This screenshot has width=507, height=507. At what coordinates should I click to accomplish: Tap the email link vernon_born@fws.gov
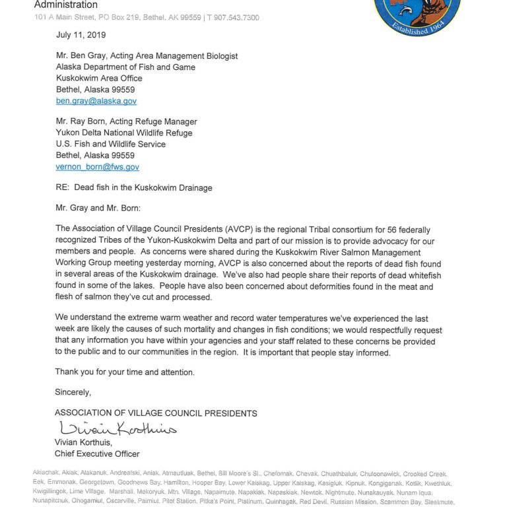click(x=97, y=167)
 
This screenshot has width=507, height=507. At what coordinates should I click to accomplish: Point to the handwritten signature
click(x=117, y=428)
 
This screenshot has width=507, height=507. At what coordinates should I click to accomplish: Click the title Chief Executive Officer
click(x=96, y=454)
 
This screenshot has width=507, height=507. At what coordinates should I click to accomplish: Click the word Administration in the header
click(x=65, y=5)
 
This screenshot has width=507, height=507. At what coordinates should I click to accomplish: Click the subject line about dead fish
click(x=133, y=188)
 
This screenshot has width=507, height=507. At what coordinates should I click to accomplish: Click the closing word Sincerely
click(x=73, y=392)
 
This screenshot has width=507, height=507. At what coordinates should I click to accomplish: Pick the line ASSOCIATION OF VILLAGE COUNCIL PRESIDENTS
click(x=156, y=413)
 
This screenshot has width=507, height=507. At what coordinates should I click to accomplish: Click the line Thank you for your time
click(x=125, y=372)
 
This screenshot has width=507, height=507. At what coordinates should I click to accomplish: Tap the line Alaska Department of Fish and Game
click(x=123, y=67)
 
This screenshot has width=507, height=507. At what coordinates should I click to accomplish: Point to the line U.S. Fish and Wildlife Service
click(x=110, y=145)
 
